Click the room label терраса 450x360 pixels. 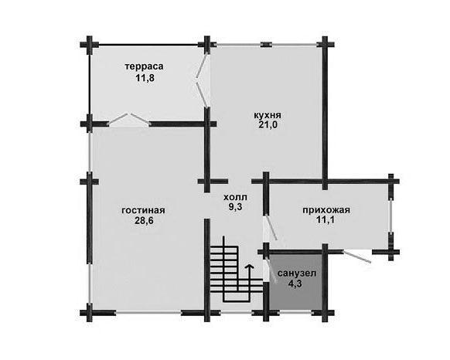pyautogui.click(x=144, y=66)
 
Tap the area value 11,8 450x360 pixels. pyautogui.click(x=145, y=78)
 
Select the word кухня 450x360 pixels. pyautogui.click(x=268, y=115)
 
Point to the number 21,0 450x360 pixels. pyautogui.click(x=268, y=125)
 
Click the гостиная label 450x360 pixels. pyautogui.click(x=143, y=210)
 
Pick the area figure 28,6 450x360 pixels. pyautogui.click(x=144, y=220)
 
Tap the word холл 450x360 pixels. pyautogui.click(x=235, y=197)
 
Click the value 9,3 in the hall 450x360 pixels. pyautogui.click(x=236, y=207)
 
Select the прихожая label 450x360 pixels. pyautogui.click(x=326, y=210)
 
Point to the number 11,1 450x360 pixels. pyautogui.click(x=326, y=220)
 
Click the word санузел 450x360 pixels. pyautogui.click(x=297, y=273)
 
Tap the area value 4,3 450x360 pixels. pyautogui.click(x=296, y=284)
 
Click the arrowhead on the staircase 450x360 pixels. pyautogui.click(x=250, y=267)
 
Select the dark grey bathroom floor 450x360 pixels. pyautogui.click(x=295, y=283)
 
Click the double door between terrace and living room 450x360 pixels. pyautogui.click(x=128, y=119)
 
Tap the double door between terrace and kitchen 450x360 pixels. pyautogui.click(x=202, y=80)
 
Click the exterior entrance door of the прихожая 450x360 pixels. pyautogui.click(x=357, y=256)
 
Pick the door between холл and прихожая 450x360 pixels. pyautogui.click(x=270, y=228)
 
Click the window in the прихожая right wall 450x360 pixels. pyautogui.click(x=390, y=216)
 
